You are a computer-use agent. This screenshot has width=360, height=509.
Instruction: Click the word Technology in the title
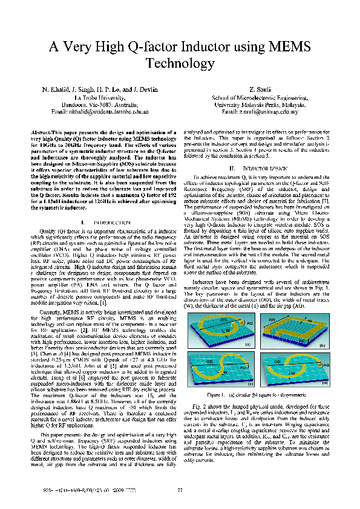(x=180, y=63)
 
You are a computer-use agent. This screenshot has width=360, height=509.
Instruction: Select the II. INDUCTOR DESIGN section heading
(x=252, y=167)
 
